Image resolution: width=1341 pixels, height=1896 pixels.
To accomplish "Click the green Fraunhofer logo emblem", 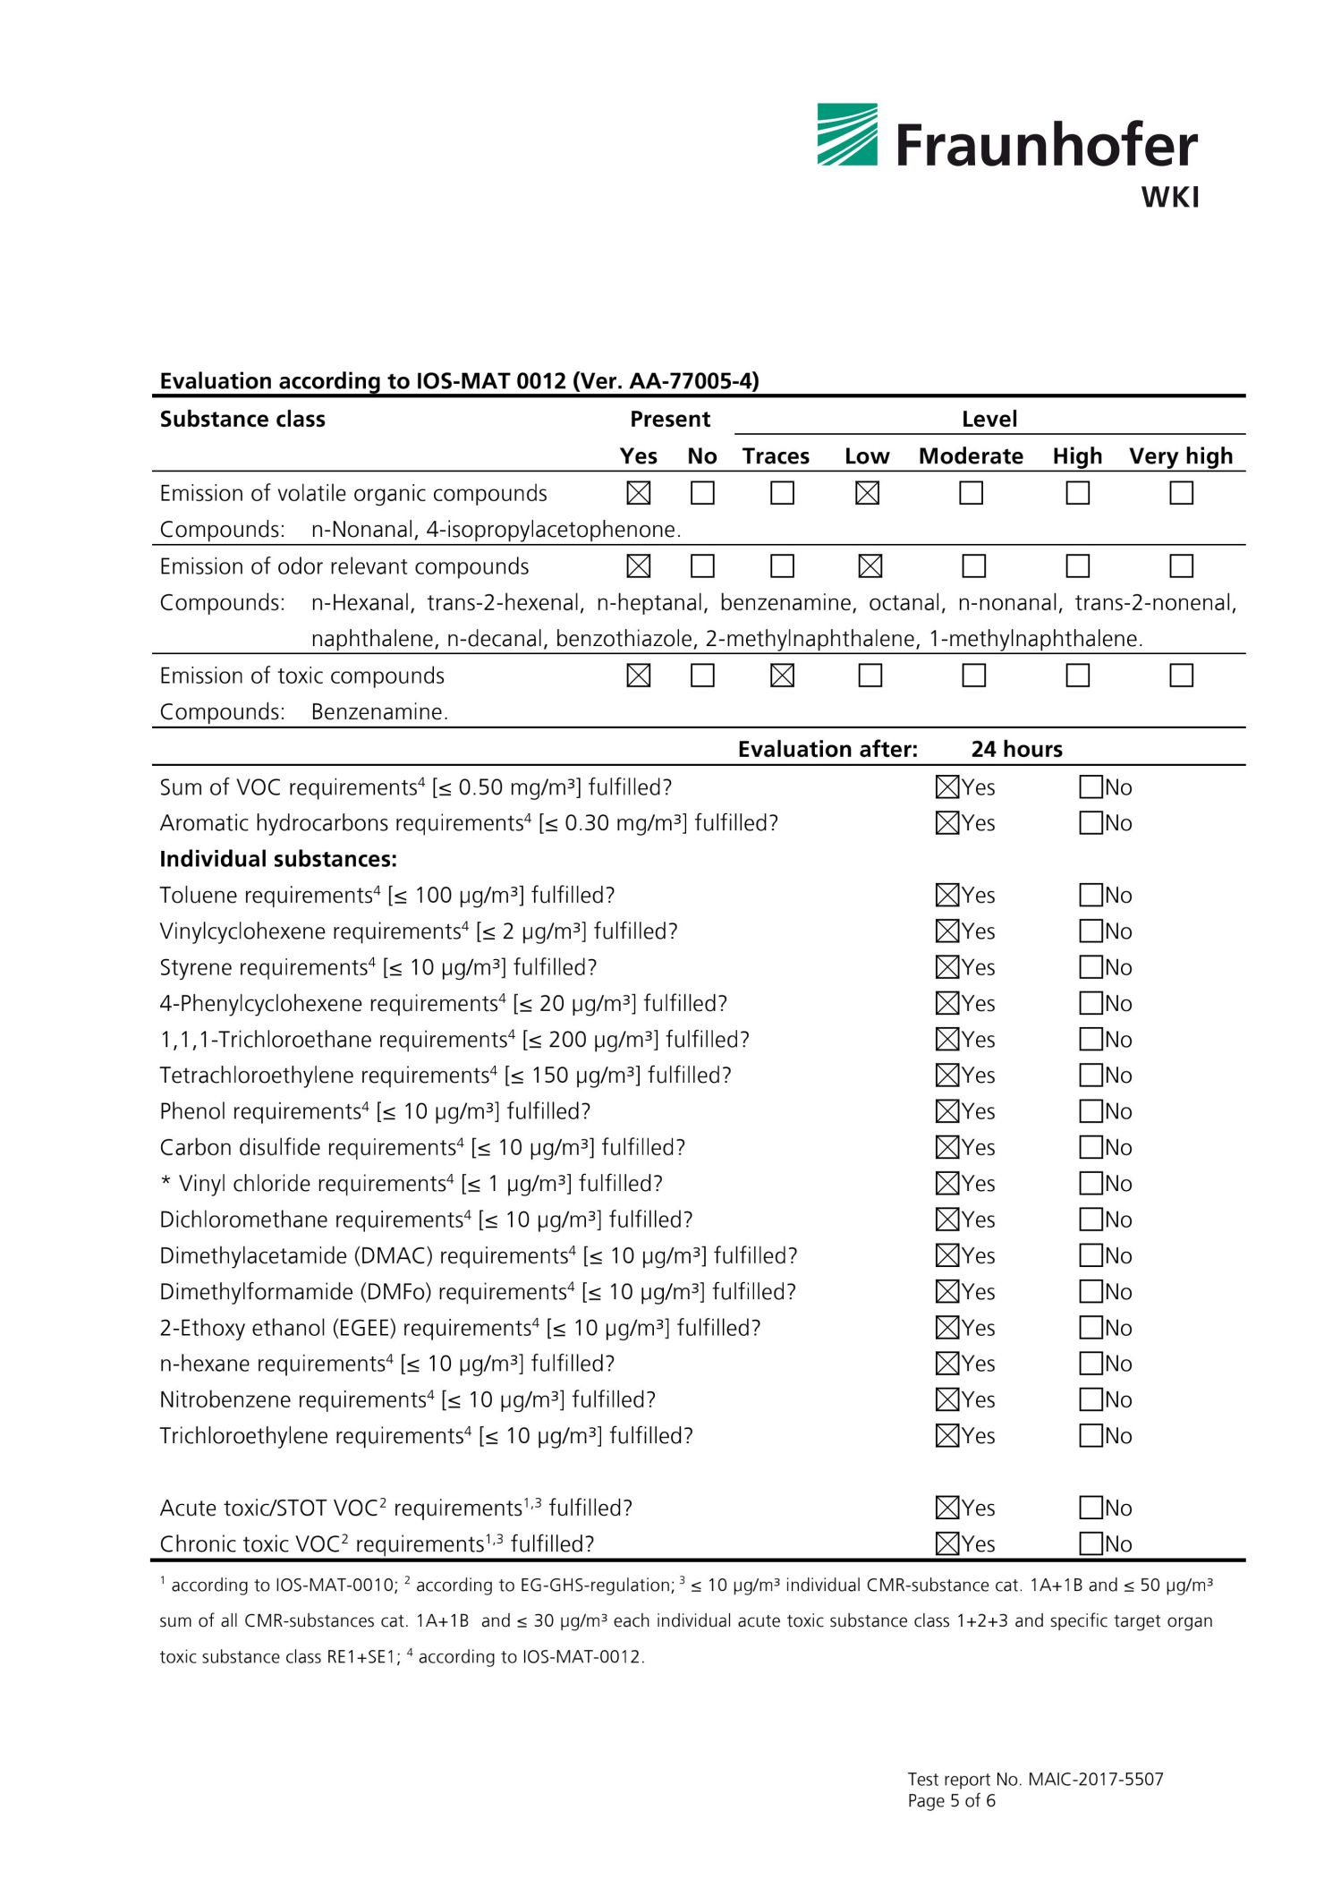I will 846,135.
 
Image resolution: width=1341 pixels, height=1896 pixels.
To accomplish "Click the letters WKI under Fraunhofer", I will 1169,198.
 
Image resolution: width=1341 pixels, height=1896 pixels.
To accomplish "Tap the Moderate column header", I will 970,456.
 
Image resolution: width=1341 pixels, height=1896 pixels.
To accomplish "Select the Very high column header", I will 1180,456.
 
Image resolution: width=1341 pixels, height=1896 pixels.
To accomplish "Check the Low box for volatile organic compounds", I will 867,493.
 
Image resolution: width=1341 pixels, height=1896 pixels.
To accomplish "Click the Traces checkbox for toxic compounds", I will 782,676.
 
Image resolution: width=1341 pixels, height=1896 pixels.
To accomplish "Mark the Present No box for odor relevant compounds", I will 702,566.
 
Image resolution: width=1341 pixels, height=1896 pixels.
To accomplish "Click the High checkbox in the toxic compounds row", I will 1077,676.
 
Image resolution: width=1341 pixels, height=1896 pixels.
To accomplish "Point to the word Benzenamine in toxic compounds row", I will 378,712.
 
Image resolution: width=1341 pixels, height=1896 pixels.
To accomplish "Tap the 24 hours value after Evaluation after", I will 1016,749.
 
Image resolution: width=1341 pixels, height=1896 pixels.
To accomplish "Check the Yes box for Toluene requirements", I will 946,895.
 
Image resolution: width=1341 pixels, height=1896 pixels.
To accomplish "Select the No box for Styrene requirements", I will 1091,967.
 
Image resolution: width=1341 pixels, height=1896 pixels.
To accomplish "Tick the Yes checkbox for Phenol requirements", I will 946,1111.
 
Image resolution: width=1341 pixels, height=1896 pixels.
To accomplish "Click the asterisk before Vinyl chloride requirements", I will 166,1183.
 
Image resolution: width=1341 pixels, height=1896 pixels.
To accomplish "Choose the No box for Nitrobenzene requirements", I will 1091,1399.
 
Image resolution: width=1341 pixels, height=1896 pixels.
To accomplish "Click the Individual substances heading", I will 277,859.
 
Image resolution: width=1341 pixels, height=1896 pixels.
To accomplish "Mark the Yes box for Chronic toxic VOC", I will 946,1543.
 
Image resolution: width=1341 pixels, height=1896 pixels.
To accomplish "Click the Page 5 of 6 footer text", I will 951,1800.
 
